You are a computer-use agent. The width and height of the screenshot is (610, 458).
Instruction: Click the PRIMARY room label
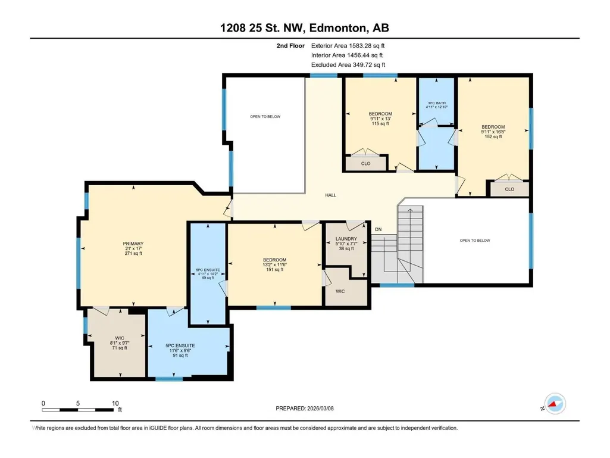click(x=133, y=244)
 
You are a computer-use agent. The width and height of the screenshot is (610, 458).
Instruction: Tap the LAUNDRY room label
click(x=346, y=239)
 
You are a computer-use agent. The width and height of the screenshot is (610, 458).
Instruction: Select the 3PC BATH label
click(x=436, y=103)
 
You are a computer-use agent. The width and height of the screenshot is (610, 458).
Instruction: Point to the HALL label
click(x=331, y=195)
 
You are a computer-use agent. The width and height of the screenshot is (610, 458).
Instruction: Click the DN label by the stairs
click(x=378, y=229)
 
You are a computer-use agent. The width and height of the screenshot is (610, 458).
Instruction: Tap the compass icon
click(x=555, y=404)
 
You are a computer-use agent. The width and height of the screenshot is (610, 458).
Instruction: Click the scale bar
click(x=78, y=410)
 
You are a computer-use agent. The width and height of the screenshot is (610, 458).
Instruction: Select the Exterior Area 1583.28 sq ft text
click(x=348, y=46)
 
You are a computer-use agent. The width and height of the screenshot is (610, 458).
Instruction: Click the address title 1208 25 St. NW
click(x=263, y=28)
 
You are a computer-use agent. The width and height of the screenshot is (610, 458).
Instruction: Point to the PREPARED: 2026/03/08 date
click(x=305, y=409)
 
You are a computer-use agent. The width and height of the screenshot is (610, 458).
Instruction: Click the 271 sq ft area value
click(x=133, y=254)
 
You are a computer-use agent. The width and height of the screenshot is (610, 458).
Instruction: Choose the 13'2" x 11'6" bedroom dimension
click(x=275, y=265)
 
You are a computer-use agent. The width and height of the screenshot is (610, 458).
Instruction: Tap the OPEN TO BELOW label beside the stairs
click(x=475, y=241)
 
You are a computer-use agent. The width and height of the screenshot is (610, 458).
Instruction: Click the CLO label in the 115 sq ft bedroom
click(x=365, y=164)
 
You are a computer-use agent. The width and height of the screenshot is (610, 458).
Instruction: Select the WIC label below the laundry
click(x=340, y=291)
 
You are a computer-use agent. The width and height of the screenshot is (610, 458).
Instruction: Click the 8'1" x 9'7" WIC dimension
click(x=120, y=343)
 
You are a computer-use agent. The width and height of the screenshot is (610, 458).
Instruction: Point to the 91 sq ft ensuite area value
click(x=180, y=355)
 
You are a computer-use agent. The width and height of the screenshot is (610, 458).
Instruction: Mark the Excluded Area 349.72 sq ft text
click(x=348, y=65)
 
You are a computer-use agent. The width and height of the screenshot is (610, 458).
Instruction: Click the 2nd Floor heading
click(x=290, y=46)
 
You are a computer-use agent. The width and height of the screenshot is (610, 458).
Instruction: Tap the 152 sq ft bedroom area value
click(x=493, y=137)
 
